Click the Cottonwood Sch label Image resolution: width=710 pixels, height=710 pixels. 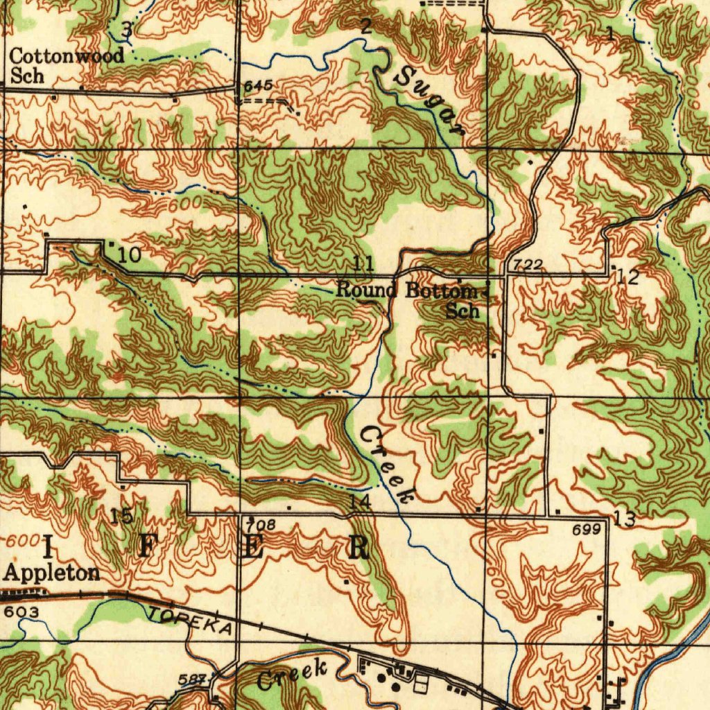tap(67, 65)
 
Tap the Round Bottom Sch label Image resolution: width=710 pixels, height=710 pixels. tap(409, 300)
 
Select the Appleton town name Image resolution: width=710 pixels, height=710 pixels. tap(52, 573)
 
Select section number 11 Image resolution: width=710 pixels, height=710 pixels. tap(363, 263)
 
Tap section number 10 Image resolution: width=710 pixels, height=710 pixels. tap(129, 255)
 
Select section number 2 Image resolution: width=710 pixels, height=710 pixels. tap(366, 26)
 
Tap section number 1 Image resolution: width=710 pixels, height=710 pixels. tap(609, 33)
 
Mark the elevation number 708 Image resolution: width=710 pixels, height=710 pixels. tap(263, 526)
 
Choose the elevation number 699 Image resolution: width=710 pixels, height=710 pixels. tap(586, 530)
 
